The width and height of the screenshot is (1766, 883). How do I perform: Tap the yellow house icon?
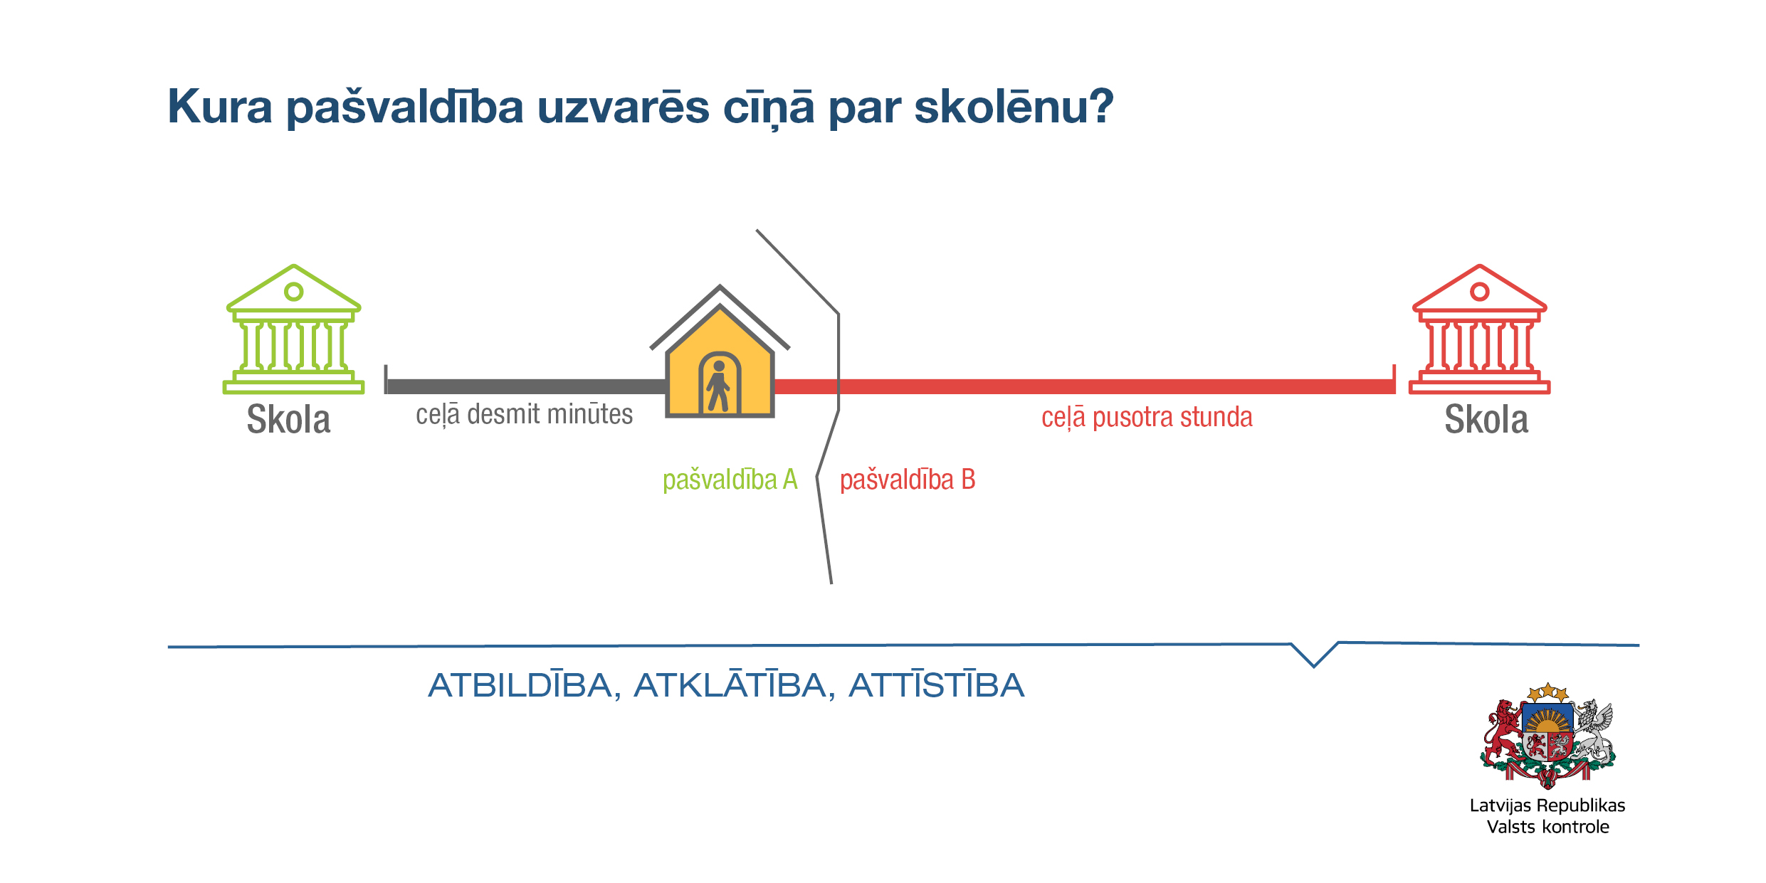pyautogui.click(x=720, y=351)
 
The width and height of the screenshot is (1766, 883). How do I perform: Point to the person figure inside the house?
pyautogui.click(x=718, y=386)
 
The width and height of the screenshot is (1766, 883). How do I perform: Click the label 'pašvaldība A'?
pyautogui.click(x=730, y=480)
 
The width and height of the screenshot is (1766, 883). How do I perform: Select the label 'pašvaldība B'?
pyautogui.click(x=908, y=480)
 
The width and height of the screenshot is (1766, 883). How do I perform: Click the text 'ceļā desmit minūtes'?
pyautogui.click(x=524, y=414)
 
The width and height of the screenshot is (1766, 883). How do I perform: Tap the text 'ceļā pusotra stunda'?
pyautogui.click(x=1147, y=417)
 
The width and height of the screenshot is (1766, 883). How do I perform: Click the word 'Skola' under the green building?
pyautogui.click(x=288, y=419)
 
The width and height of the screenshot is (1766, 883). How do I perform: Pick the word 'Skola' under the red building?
pyautogui.click(x=1486, y=419)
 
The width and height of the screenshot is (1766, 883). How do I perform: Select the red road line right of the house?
pyautogui.click(x=1085, y=386)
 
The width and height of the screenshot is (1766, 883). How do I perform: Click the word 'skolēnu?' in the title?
pyautogui.click(x=1014, y=107)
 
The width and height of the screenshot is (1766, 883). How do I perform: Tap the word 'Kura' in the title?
pyautogui.click(x=220, y=107)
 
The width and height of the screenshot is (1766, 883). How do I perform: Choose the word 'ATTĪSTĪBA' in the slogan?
pyautogui.click(x=936, y=686)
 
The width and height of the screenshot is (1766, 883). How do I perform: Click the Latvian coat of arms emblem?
pyautogui.click(x=1547, y=736)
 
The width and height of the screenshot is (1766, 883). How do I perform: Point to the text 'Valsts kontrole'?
pyautogui.click(x=1547, y=827)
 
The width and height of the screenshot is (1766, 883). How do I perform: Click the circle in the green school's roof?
pyautogui.click(x=293, y=292)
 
